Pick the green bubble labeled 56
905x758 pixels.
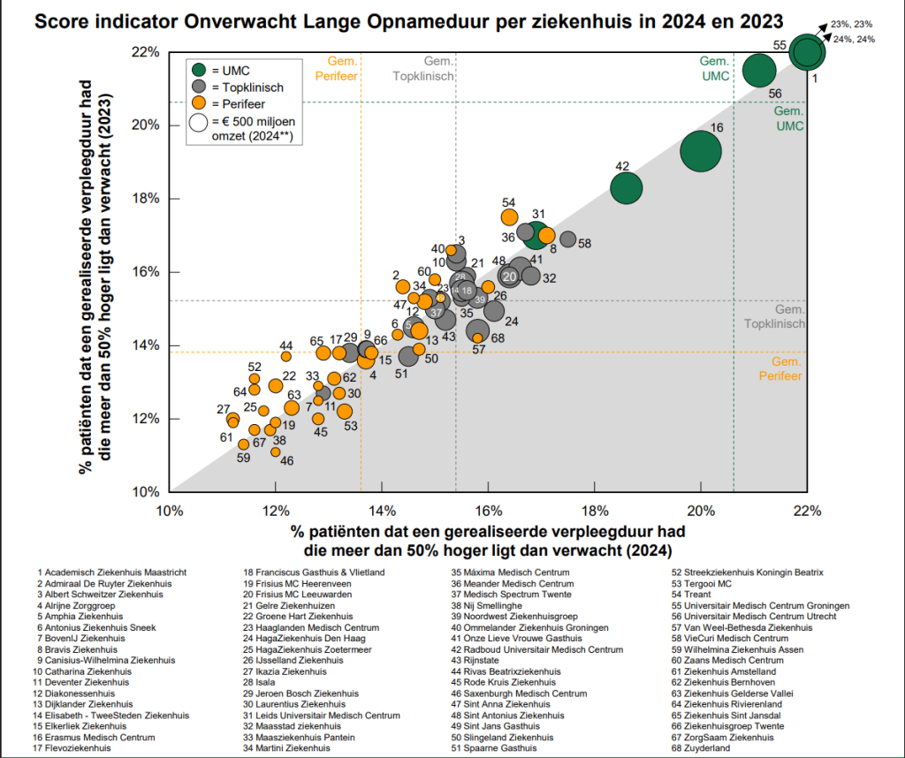coord(759,71)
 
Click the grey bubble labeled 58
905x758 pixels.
coord(567,239)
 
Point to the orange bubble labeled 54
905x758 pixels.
coord(509,217)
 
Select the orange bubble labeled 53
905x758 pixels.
coord(345,411)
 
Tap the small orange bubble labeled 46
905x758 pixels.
coord(276,451)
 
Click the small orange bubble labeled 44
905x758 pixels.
coord(286,356)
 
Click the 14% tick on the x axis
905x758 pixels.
coord(382,511)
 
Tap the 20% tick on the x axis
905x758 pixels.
coord(701,511)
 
